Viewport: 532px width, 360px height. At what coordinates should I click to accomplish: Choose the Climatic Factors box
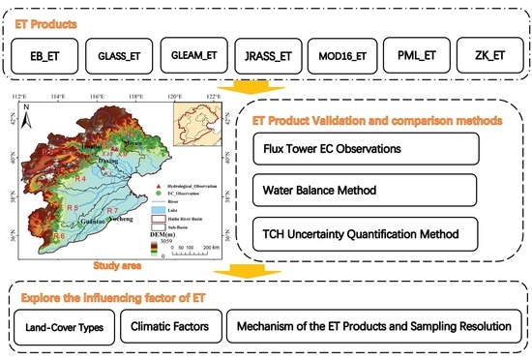(170, 326)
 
